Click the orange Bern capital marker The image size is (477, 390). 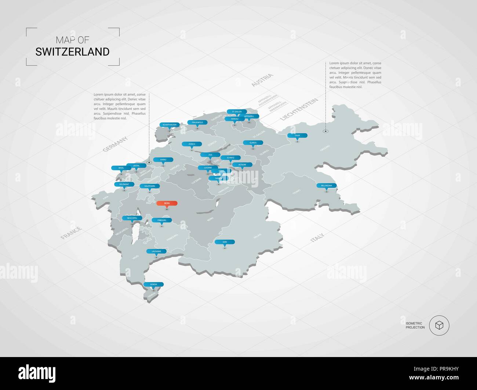(x=167, y=203)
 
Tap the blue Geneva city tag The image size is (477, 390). (x=154, y=284)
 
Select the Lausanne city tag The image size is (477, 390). (x=156, y=251)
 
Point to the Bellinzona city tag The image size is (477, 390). (x=327, y=186)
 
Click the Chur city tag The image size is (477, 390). (x=298, y=135)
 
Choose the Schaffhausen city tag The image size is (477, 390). (x=170, y=125)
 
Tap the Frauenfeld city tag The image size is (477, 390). (x=197, y=122)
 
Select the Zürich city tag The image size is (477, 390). (x=192, y=144)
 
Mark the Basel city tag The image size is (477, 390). (x=121, y=168)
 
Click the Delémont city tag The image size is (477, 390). (x=124, y=184)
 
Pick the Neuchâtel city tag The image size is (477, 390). (x=132, y=218)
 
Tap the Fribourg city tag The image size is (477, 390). (x=162, y=220)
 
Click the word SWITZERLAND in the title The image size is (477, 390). (x=72, y=52)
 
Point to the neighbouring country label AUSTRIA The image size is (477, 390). (x=262, y=80)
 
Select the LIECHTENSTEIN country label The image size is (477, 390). (x=299, y=109)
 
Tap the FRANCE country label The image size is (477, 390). (x=71, y=233)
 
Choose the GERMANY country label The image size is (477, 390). (x=115, y=144)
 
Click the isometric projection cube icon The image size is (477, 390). (x=439, y=325)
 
